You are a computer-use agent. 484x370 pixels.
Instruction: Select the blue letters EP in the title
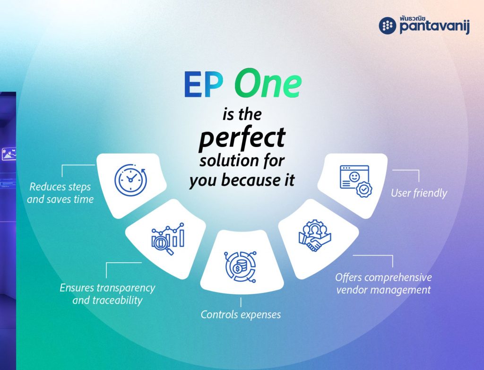click(x=203, y=85)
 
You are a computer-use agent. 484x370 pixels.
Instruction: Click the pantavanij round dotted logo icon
click(x=388, y=26)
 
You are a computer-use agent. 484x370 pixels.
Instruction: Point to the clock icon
click(x=131, y=180)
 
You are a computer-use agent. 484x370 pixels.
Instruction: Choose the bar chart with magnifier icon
click(x=168, y=239)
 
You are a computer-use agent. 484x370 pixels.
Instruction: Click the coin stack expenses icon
click(x=241, y=267)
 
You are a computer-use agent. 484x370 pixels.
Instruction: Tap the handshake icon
click(x=315, y=235)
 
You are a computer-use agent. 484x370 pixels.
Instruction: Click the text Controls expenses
click(x=241, y=314)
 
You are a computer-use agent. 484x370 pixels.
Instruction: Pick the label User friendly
click(x=419, y=193)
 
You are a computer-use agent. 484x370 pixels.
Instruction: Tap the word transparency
click(x=126, y=288)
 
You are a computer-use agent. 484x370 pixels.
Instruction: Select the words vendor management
click(x=383, y=290)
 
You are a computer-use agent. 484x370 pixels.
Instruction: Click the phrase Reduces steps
click(x=60, y=187)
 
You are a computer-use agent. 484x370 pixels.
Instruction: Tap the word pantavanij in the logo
click(x=435, y=27)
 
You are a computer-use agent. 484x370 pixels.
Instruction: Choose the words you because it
click(x=242, y=180)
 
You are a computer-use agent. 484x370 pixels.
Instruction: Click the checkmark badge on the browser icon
click(x=364, y=189)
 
